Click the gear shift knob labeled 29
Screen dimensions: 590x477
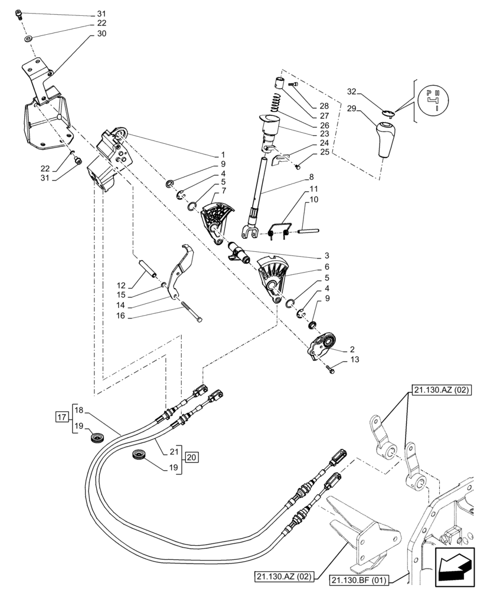point(384,139)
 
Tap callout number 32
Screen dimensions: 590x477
point(352,92)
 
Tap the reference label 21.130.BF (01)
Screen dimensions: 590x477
point(365,578)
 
